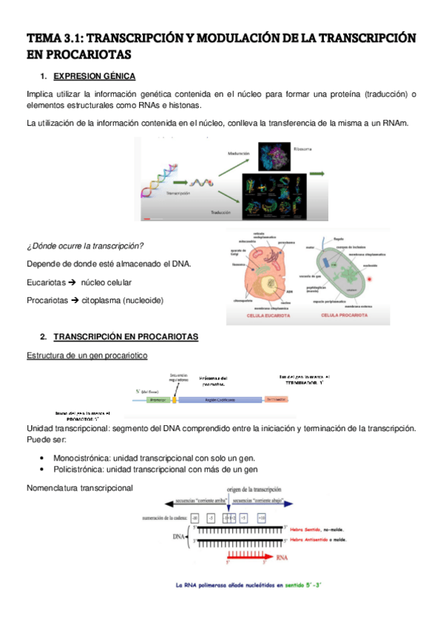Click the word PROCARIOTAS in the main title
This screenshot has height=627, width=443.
(x=79, y=54)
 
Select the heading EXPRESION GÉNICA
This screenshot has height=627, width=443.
(x=95, y=76)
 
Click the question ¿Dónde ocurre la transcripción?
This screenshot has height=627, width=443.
(x=84, y=245)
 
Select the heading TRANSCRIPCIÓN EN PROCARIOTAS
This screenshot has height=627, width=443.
(x=126, y=336)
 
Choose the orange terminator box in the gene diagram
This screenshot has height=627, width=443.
(x=275, y=399)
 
